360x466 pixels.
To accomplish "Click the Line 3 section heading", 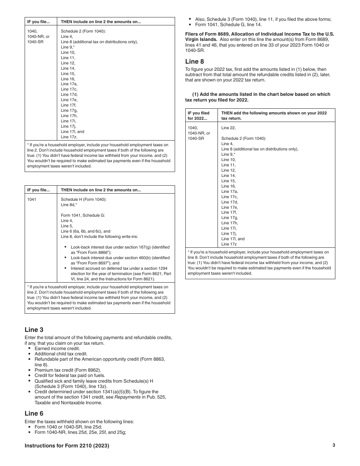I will [x=34, y=330].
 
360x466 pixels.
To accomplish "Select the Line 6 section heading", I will [x=34, y=414].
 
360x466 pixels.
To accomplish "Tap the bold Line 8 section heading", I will [x=194, y=61].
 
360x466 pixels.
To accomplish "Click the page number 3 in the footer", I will [x=333, y=446].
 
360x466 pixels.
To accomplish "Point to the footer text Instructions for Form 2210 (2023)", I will [x=67, y=446].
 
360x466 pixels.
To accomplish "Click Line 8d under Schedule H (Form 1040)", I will [x=69, y=205].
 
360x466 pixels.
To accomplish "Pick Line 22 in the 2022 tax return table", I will [x=229, y=128].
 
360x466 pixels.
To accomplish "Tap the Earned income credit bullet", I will [x=57, y=349].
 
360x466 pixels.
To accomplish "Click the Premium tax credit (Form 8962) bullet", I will [x=67, y=370].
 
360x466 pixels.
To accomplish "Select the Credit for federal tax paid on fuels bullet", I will [x=70, y=375].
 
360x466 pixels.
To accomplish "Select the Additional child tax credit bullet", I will [x=61, y=354].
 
